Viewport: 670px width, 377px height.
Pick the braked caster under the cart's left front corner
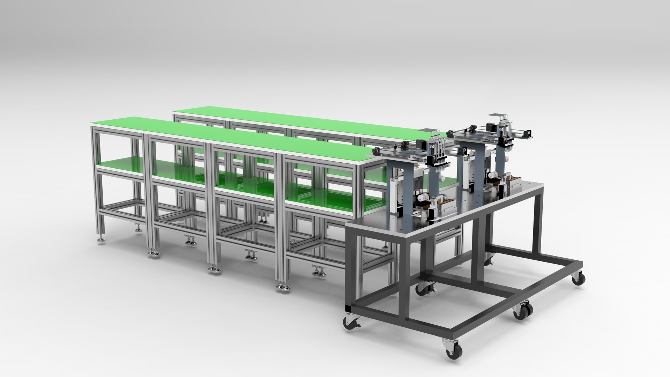(350, 323)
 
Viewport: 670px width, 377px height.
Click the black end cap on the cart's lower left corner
(347, 309)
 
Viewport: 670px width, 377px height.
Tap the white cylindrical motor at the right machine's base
(493, 175)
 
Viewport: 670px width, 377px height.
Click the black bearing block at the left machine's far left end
(377, 151)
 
